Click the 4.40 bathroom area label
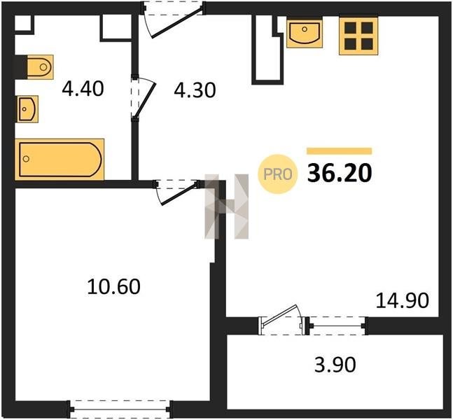(83, 89)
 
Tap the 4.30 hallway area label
(195, 90)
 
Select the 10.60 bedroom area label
(114, 286)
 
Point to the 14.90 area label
(403, 300)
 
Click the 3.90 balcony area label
(335, 365)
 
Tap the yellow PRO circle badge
(278, 174)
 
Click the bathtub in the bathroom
(60, 160)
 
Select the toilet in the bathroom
(40, 67)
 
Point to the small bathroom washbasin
(28, 109)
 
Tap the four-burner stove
(358, 36)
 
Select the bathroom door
(144, 97)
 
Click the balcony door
(281, 321)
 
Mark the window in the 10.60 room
(120, 409)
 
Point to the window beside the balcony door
(337, 325)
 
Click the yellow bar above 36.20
(339, 150)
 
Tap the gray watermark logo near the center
(227, 206)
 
